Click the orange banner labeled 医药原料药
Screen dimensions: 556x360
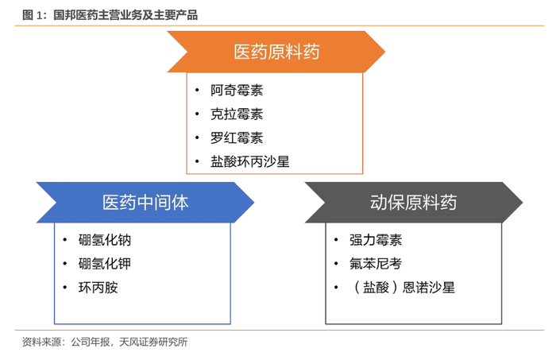pos(276,52)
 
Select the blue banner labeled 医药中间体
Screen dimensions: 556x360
pos(145,203)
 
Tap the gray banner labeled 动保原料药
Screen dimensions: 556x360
pos(414,203)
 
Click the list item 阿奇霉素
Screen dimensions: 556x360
pos(237,90)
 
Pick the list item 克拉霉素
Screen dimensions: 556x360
pos(237,114)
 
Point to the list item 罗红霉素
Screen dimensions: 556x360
pos(237,137)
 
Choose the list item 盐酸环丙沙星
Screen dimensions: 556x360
pos(249,161)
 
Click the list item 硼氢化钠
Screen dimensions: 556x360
pos(105,240)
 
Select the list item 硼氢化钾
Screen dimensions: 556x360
pos(105,264)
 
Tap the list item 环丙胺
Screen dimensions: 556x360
pos(98,288)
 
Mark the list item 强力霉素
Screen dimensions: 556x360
pos(376,240)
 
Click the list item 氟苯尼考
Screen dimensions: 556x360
pos(376,264)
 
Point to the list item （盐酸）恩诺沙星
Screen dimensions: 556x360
pos(402,288)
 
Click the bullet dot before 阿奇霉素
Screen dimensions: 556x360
pos(197,90)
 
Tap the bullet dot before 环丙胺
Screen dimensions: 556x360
pos(65,288)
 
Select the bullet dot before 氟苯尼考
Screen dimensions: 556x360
pos(336,264)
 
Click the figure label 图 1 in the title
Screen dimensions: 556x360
pos(33,15)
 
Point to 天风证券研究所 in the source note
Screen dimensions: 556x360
pos(153,342)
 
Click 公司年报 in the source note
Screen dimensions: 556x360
pos(90,342)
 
